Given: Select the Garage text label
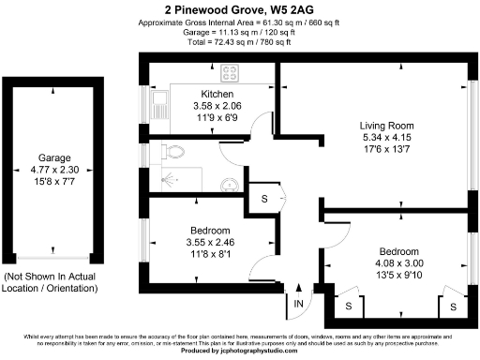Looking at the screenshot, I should click(53, 157).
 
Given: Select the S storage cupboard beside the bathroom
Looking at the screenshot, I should click(264, 199).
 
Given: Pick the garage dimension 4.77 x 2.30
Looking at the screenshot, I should click(53, 170).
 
